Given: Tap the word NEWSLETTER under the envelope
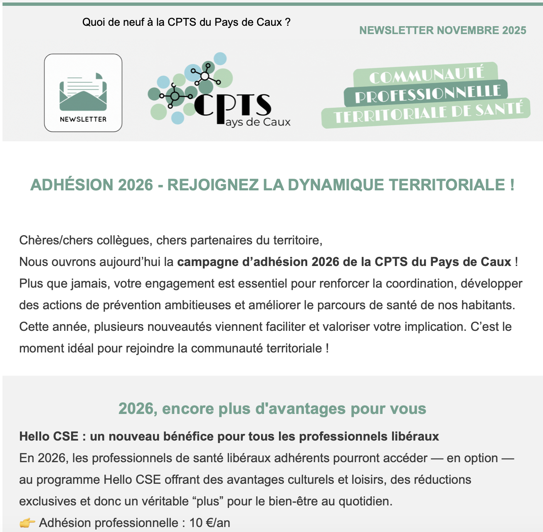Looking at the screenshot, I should [x=83, y=119].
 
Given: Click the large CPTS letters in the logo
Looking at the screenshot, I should [x=233, y=106].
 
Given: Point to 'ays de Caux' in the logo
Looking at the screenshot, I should [x=258, y=123].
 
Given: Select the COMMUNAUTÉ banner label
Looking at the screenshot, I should [x=427, y=75].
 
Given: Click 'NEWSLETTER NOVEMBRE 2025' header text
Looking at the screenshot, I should [x=442, y=30].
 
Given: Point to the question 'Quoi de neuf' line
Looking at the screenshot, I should [x=186, y=22].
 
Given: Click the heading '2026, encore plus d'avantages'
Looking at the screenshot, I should [x=272, y=409].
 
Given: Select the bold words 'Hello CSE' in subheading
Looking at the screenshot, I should [x=49, y=436].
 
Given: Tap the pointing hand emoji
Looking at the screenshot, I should [x=27, y=523].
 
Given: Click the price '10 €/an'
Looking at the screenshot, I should [x=210, y=523].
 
